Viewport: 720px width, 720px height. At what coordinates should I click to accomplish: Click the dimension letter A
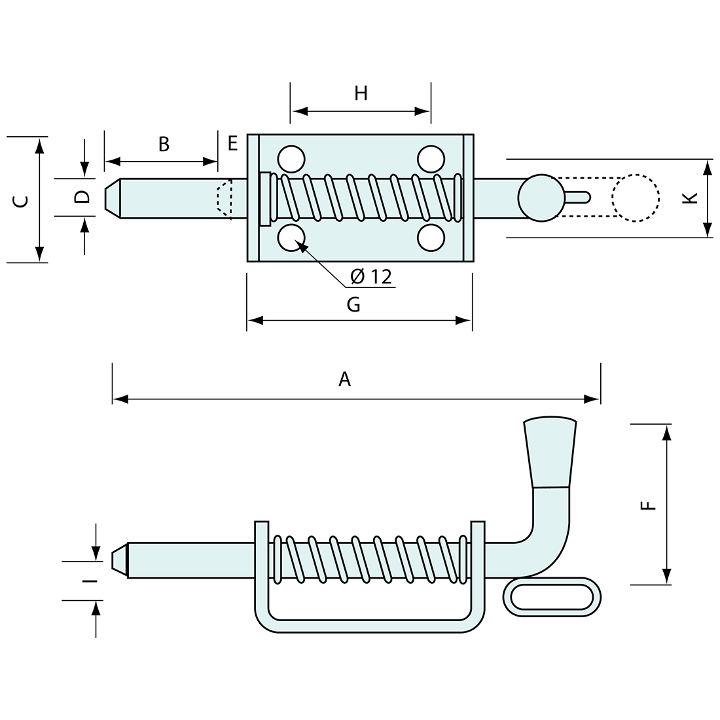pyautogui.click(x=345, y=379)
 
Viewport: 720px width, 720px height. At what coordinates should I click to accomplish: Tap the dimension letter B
pyautogui.click(x=164, y=144)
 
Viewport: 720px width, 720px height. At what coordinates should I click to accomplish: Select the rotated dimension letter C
pyautogui.click(x=21, y=201)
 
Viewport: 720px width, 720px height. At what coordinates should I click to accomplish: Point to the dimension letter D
pyautogui.click(x=82, y=197)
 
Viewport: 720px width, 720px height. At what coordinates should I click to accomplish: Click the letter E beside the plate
pyautogui.click(x=232, y=143)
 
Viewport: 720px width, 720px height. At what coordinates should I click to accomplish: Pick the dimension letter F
pyautogui.click(x=647, y=505)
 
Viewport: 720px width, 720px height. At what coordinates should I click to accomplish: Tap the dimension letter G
pyautogui.click(x=353, y=304)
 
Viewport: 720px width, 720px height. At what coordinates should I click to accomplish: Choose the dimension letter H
pyautogui.click(x=361, y=94)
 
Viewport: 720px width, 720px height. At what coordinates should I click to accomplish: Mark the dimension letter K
pyautogui.click(x=687, y=198)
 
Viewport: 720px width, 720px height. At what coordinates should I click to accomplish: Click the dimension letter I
pyautogui.click(x=90, y=580)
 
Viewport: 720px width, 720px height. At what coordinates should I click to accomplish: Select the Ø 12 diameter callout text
pyautogui.click(x=370, y=277)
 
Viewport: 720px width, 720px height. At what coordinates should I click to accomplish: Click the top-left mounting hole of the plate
pyautogui.click(x=291, y=158)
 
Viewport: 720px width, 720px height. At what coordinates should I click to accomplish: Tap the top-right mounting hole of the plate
pyautogui.click(x=431, y=158)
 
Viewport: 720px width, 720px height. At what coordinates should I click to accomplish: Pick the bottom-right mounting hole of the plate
pyautogui.click(x=431, y=238)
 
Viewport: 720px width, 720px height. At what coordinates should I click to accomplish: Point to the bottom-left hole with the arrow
pyautogui.click(x=291, y=238)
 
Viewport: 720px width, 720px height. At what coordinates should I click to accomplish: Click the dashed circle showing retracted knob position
pyautogui.click(x=635, y=198)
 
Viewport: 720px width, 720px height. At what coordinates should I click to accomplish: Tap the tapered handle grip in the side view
pyautogui.click(x=550, y=452)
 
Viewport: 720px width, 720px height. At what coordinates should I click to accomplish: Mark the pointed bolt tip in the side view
pyautogui.click(x=118, y=560)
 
